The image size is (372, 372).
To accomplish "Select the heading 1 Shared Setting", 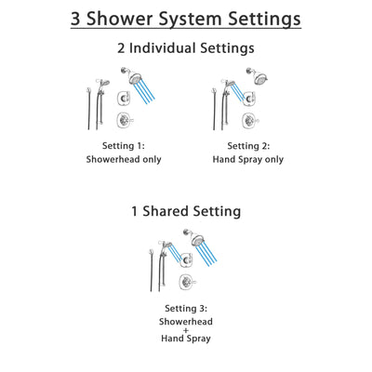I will tap(185, 211).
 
